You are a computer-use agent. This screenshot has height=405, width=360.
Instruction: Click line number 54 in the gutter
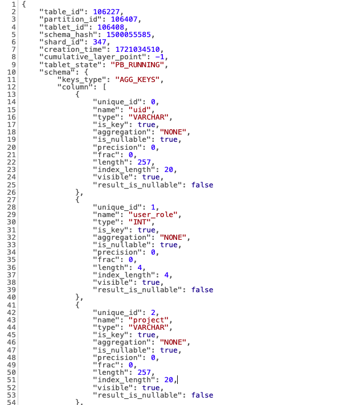pyautogui.click(x=11, y=402)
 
